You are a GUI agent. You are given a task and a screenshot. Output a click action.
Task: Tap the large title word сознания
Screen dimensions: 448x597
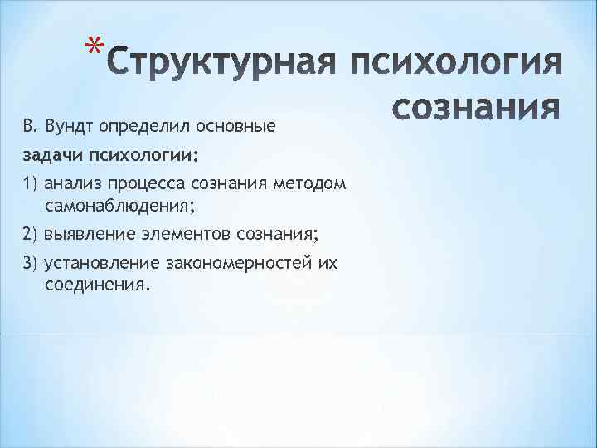(476, 109)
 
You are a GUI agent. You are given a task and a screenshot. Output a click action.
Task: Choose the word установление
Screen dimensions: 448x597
(97, 263)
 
